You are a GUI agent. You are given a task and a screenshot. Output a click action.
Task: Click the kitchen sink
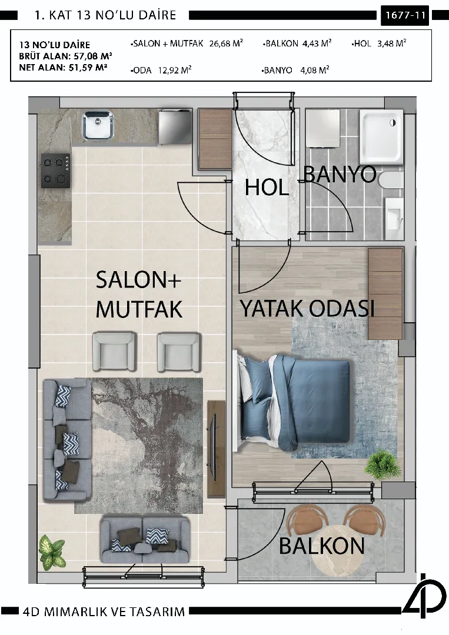point(98,126)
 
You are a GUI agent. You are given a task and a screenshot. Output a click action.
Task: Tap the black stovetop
point(55,171)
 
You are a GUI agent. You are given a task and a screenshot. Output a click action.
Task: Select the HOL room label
point(267,188)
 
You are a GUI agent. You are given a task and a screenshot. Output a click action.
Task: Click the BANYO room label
point(340,175)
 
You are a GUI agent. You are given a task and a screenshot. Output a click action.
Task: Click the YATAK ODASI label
point(307,309)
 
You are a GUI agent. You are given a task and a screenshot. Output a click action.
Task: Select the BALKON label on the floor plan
point(322,546)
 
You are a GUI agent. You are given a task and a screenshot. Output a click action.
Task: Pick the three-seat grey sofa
point(67,440)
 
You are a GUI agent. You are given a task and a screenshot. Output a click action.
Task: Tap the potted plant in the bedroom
point(381,464)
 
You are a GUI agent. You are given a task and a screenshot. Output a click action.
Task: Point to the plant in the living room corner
point(52,552)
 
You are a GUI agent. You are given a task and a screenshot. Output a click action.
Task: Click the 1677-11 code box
point(405,15)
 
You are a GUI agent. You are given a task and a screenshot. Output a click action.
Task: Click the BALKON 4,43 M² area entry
point(297,44)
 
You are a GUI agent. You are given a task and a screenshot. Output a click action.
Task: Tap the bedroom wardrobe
point(385,293)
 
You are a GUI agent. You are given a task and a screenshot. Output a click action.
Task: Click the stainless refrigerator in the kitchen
point(175,126)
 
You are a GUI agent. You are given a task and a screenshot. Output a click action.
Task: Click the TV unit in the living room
point(216,448)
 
